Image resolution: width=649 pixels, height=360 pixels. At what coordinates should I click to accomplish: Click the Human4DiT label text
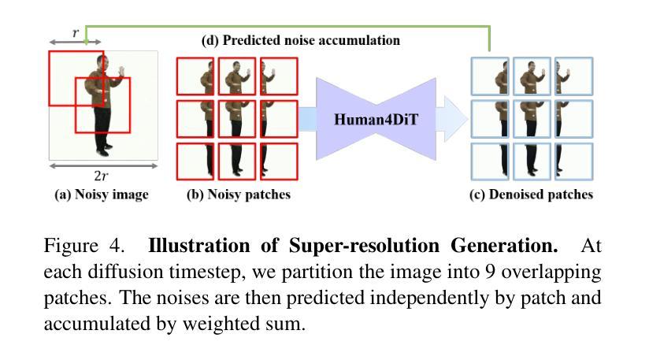pos(376,120)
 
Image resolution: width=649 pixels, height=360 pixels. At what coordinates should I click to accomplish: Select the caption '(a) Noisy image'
pos(102,195)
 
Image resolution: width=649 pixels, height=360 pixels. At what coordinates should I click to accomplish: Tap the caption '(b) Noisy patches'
pos(239,195)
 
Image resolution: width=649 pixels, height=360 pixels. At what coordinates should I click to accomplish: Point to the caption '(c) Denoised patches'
pos(531,195)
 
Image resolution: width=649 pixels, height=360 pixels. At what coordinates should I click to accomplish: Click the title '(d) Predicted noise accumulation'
pos(301,40)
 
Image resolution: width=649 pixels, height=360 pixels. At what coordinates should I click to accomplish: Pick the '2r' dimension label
pos(101,176)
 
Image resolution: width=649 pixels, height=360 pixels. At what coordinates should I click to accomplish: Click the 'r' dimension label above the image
pos(76,32)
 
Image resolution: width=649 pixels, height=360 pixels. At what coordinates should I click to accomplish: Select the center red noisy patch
pos(237,119)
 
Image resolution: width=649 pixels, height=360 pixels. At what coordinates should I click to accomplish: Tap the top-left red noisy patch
pos(195,76)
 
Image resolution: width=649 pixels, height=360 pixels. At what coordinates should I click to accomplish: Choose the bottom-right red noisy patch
pos(279,161)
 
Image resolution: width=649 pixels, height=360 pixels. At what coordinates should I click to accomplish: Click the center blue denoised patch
pos(532,119)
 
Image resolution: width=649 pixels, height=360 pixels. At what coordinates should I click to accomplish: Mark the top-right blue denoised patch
pos(574,76)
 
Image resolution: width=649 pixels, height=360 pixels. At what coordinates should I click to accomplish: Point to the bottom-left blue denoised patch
pos(490,161)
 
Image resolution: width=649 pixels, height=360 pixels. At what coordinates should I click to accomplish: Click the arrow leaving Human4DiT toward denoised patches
pos(451,119)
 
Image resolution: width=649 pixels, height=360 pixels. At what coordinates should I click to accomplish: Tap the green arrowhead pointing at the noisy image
pos(86,42)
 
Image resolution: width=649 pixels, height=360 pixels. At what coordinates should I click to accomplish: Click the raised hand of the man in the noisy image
pos(121,71)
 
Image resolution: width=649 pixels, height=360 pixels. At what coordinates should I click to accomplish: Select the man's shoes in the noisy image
pos(104,150)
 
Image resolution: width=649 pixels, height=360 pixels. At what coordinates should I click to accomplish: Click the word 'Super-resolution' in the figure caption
pos(364,245)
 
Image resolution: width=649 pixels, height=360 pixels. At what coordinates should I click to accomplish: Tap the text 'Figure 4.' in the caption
pos(84,246)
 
